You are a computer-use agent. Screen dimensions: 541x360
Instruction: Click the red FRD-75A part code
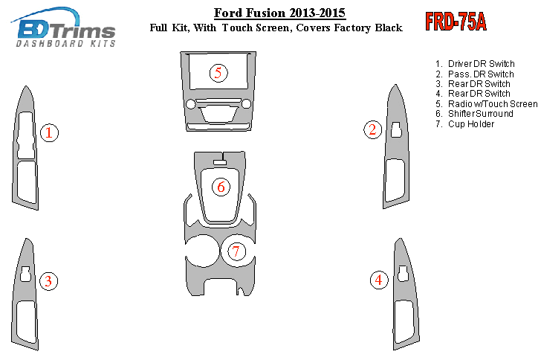[x=456, y=22]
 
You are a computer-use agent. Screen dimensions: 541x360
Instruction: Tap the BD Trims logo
[x=63, y=27]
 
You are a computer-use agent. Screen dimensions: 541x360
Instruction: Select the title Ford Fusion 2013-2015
[x=279, y=13]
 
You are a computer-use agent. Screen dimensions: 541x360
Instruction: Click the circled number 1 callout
[x=49, y=132]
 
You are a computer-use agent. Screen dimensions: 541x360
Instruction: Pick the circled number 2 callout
[x=372, y=130]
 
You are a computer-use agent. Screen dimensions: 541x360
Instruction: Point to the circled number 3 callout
[x=48, y=281]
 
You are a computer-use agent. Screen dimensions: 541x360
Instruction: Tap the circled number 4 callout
[x=379, y=280]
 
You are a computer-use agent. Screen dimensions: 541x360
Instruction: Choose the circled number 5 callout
[x=218, y=73]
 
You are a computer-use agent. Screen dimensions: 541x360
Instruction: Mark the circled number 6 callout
[x=221, y=187]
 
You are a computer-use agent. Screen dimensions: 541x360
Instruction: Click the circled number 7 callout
[x=236, y=251]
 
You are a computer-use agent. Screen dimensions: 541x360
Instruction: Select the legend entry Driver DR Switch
[x=475, y=64]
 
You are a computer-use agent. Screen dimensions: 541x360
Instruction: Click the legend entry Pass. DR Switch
[x=474, y=74]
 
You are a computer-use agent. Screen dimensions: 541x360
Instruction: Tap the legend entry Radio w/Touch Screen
[x=486, y=104]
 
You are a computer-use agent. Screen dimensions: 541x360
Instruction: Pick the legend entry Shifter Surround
[x=474, y=114]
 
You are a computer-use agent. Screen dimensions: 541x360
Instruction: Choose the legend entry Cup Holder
[x=464, y=124]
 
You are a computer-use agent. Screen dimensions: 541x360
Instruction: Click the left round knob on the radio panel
[x=190, y=104]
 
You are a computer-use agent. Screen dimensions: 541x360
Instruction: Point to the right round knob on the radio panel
[x=247, y=103]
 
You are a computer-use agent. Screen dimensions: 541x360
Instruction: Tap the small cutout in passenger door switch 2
[x=396, y=129]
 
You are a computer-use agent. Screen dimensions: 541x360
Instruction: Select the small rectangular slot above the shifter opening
[x=220, y=163]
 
